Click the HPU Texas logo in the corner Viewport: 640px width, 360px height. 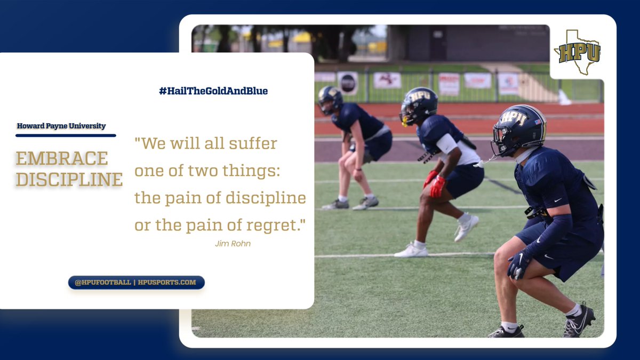[x=578, y=52]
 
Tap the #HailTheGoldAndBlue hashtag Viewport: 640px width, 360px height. [x=213, y=91]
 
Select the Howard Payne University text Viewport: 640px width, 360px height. [x=61, y=126]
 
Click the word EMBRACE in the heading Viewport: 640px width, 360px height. [x=62, y=158]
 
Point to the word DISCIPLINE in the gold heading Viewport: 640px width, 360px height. [x=69, y=179]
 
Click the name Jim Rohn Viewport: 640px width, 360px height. [x=233, y=244]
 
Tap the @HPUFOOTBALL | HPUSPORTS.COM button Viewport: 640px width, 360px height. [x=136, y=282]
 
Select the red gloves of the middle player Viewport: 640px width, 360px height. [x=435, y=184]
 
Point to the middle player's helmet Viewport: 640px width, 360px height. [x=418, y=105]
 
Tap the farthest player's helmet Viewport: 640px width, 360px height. [x=330, y=99]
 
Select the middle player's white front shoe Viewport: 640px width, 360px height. [x=411, y=250]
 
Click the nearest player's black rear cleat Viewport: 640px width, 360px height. [x=579, y=322]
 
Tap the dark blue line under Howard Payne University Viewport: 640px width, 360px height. [x=66, y=135]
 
